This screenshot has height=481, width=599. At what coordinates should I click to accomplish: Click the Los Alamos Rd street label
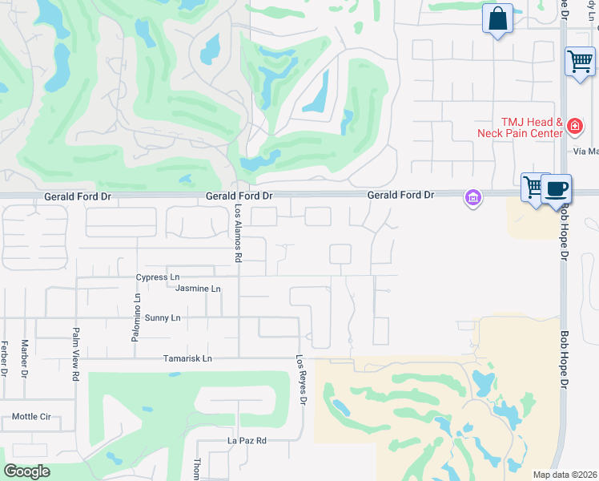pyautogui.click(x=238, y=233)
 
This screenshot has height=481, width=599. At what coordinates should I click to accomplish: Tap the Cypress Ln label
pyautogui.click(x=158, y=277)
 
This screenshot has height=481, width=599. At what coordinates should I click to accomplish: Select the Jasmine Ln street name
pyautogui.click(x=197, y=289)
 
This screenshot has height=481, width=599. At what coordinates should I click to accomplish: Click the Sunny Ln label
pyautogui.click(x=163, y=318)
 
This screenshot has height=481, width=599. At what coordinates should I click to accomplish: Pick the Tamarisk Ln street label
pyautogui.click(x=187, y=358)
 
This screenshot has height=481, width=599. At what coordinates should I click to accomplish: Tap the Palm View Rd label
pyautogui.click(x=76, y=354)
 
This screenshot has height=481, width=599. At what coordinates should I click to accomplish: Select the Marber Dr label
pyautogui.click(x=25, y=358)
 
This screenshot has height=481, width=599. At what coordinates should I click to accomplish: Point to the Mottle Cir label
pyautogui.click(x=31, y=417)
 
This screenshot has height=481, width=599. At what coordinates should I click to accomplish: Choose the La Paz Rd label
pyautogui.click(x=247, y=441)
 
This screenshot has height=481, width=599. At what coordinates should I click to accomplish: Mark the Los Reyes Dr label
pyautogui.click(x=301, y=379)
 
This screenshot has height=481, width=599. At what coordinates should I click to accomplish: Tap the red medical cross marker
pyautogui.click(x=574, y=126)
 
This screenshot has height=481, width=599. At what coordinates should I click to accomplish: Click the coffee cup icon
pyautogui.click(x=557, y=190)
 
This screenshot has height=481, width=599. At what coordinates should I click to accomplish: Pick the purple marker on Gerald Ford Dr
pyautogui.click(x=473, y=196)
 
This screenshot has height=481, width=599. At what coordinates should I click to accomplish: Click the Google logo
pyautogui.click(x=27, y=472)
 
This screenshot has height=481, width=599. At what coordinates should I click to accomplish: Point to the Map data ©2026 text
pyautogui.click(x=565, y=475)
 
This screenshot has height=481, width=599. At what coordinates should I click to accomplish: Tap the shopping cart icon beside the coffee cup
pyautogui.click(x=532, y=188)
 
